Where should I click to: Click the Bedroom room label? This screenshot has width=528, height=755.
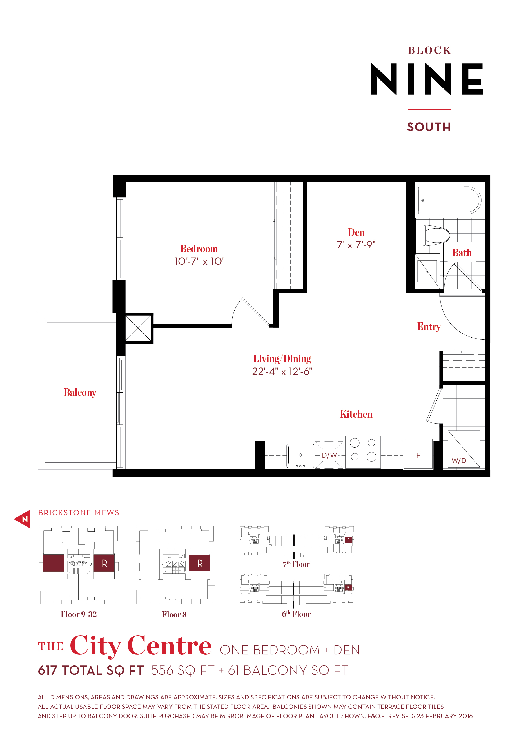click(199, 249)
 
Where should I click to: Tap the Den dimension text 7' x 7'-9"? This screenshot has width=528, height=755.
click(356, 245)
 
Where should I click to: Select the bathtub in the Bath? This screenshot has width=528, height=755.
click(449, 200)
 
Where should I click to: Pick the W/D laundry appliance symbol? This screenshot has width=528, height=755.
click(464, 449)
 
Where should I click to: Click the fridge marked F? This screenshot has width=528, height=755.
click(418, 455)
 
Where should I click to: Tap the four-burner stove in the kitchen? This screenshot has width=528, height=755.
click(363, 450)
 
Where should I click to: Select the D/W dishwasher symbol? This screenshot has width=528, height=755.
click(329, 455)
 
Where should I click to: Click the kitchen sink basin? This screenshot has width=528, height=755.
click(300, 455)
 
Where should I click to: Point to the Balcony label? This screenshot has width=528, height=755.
click(80, 393)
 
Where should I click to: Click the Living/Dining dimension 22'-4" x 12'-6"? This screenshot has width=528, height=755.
click(282, 371)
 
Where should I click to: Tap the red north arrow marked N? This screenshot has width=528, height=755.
click(23, 519)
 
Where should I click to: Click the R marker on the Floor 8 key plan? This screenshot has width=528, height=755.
click(199, 563)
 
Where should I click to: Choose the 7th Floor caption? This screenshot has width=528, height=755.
click(296, 564)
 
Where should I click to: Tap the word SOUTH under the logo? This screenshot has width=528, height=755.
click(429, 127)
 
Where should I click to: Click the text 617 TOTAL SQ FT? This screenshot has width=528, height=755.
click(91, 670)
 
